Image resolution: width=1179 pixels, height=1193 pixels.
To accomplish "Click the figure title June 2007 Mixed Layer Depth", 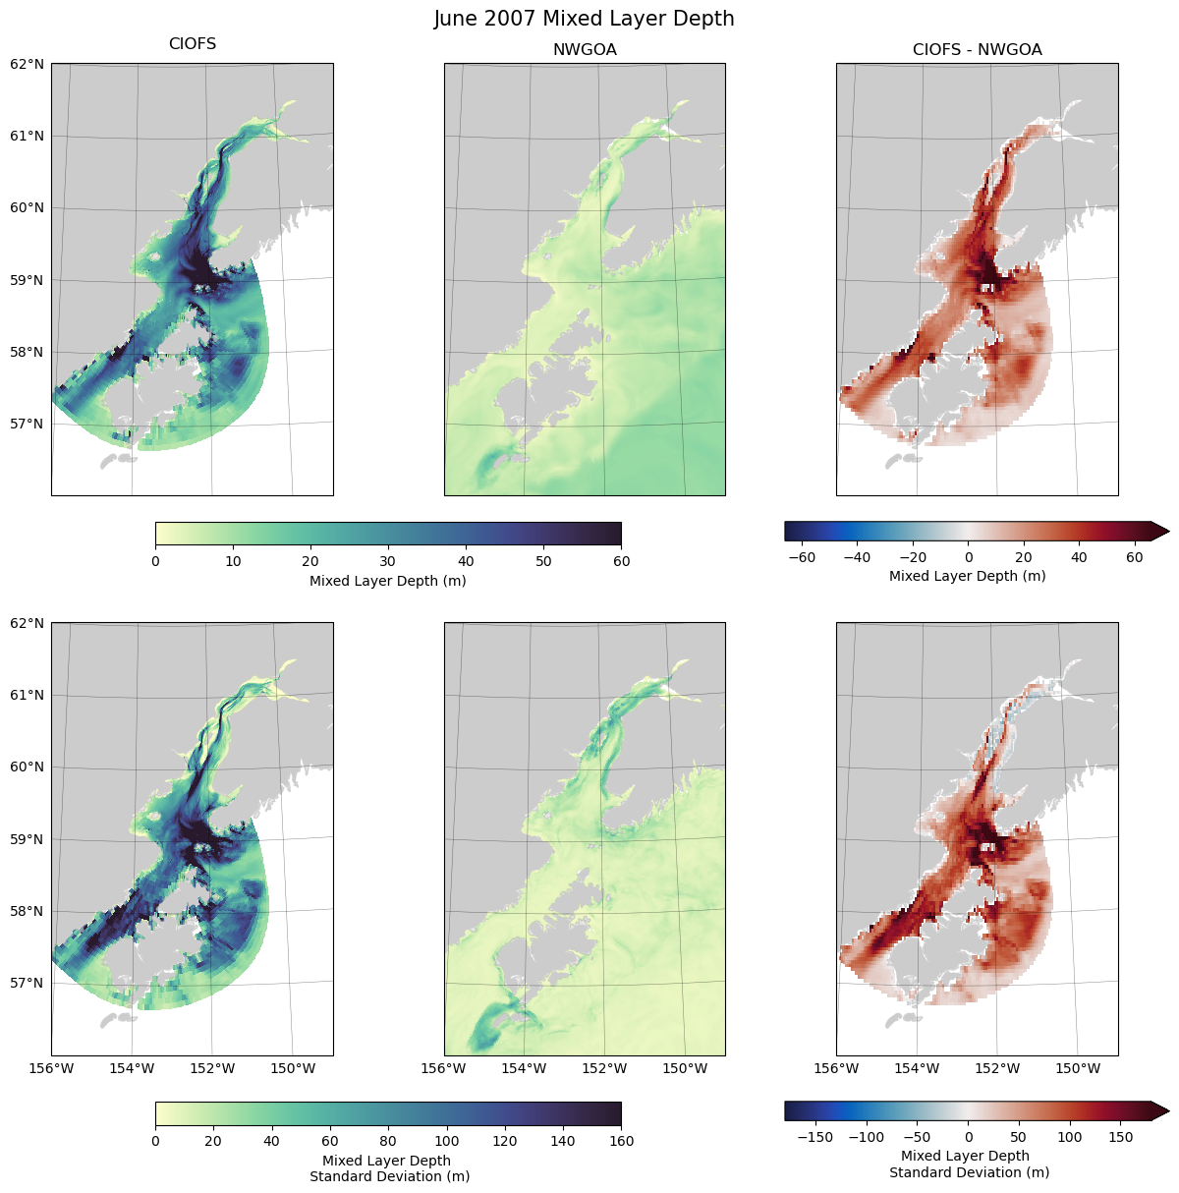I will [585, 19].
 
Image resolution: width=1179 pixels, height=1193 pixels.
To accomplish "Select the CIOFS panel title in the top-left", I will [193, 44].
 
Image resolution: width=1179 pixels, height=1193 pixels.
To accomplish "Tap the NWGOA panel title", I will [585, 49].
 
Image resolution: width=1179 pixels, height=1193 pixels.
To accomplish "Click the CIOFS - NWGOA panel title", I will [977, 49].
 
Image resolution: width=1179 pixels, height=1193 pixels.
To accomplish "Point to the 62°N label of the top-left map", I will [27, 64].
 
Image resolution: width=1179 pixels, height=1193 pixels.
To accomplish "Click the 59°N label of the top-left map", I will [27, 280].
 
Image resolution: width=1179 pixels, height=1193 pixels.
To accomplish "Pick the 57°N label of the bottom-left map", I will [27, 983].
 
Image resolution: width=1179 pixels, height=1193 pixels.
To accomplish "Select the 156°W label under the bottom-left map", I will [52, 1068].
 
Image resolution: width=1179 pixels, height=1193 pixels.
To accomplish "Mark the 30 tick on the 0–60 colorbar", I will [388, 561].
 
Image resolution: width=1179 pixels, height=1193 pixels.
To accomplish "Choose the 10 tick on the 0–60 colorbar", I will [233, 561].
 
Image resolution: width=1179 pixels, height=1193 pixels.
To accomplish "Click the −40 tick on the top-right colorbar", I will [857, 557].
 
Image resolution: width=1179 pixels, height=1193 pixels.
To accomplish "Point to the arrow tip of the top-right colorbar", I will [1168, 532].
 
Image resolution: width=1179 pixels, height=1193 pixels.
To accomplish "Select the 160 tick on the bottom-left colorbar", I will [621, 1141].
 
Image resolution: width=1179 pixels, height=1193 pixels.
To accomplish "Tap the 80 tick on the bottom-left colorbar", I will [388, 1141].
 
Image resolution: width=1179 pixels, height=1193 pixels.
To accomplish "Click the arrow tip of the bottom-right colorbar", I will [1168, 1110].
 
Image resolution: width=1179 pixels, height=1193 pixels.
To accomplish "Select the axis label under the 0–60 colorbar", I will [388, 581].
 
